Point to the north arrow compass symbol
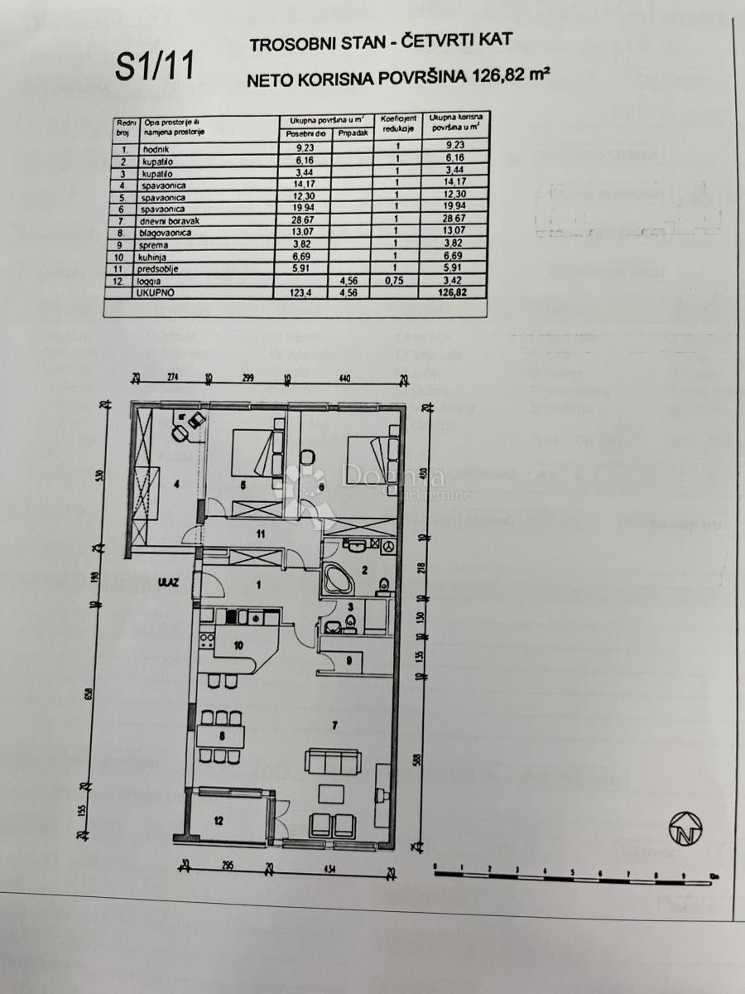pyautogui.click(x=685, y=828)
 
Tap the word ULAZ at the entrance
pyautogui.click(x=162, y=581)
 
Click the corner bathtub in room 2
pyautogui.click(x=338, y=577)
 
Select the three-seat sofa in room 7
pyautogui.click(x=332, y=760)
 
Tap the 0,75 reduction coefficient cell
pyautogui.click(x=398, y=281)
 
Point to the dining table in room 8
pyautogui.click(x=221, y=735)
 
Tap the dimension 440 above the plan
pyautogui.click(x=344, y=379)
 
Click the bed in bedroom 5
pyautogui.click(x=253, y=454)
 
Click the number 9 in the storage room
pyautogui.click(x=349, y=660)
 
